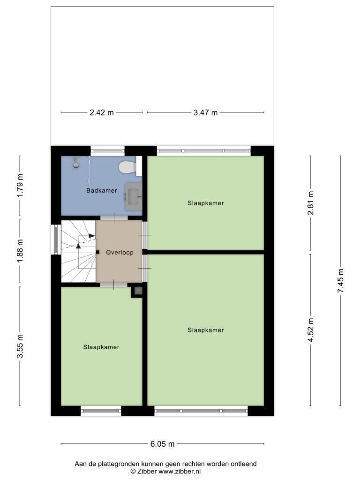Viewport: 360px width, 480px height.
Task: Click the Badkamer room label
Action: tap(101, 190)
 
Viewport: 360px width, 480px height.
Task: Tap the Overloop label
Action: tap(120, 253)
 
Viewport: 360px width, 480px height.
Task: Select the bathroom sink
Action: tap(134, 196)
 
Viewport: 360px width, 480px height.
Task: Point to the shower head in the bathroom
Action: tap(75, 163)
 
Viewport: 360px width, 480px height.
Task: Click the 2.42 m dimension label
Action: tap(102, 112)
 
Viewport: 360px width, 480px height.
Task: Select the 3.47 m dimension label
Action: tap(205, 112)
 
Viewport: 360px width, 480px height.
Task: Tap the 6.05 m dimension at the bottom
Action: tap(162, 444)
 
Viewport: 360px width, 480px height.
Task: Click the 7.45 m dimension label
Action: tap(341, 281)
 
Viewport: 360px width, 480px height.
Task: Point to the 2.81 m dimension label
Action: tap(311, 203)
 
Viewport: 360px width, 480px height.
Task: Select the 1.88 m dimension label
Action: tap(20, 251)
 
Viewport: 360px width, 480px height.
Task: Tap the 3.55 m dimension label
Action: tap(20, 346)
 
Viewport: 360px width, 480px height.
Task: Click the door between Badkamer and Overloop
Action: tap(114, 217)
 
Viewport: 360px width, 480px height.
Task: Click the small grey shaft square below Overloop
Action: tap(138, 291)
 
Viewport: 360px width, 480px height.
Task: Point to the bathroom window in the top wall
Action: tap(107, 150)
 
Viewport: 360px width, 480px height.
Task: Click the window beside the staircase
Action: tap(56, 240)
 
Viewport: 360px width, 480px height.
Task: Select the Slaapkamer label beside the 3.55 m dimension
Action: tap(101, 347)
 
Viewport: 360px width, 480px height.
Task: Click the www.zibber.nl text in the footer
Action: tap(180, 472)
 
